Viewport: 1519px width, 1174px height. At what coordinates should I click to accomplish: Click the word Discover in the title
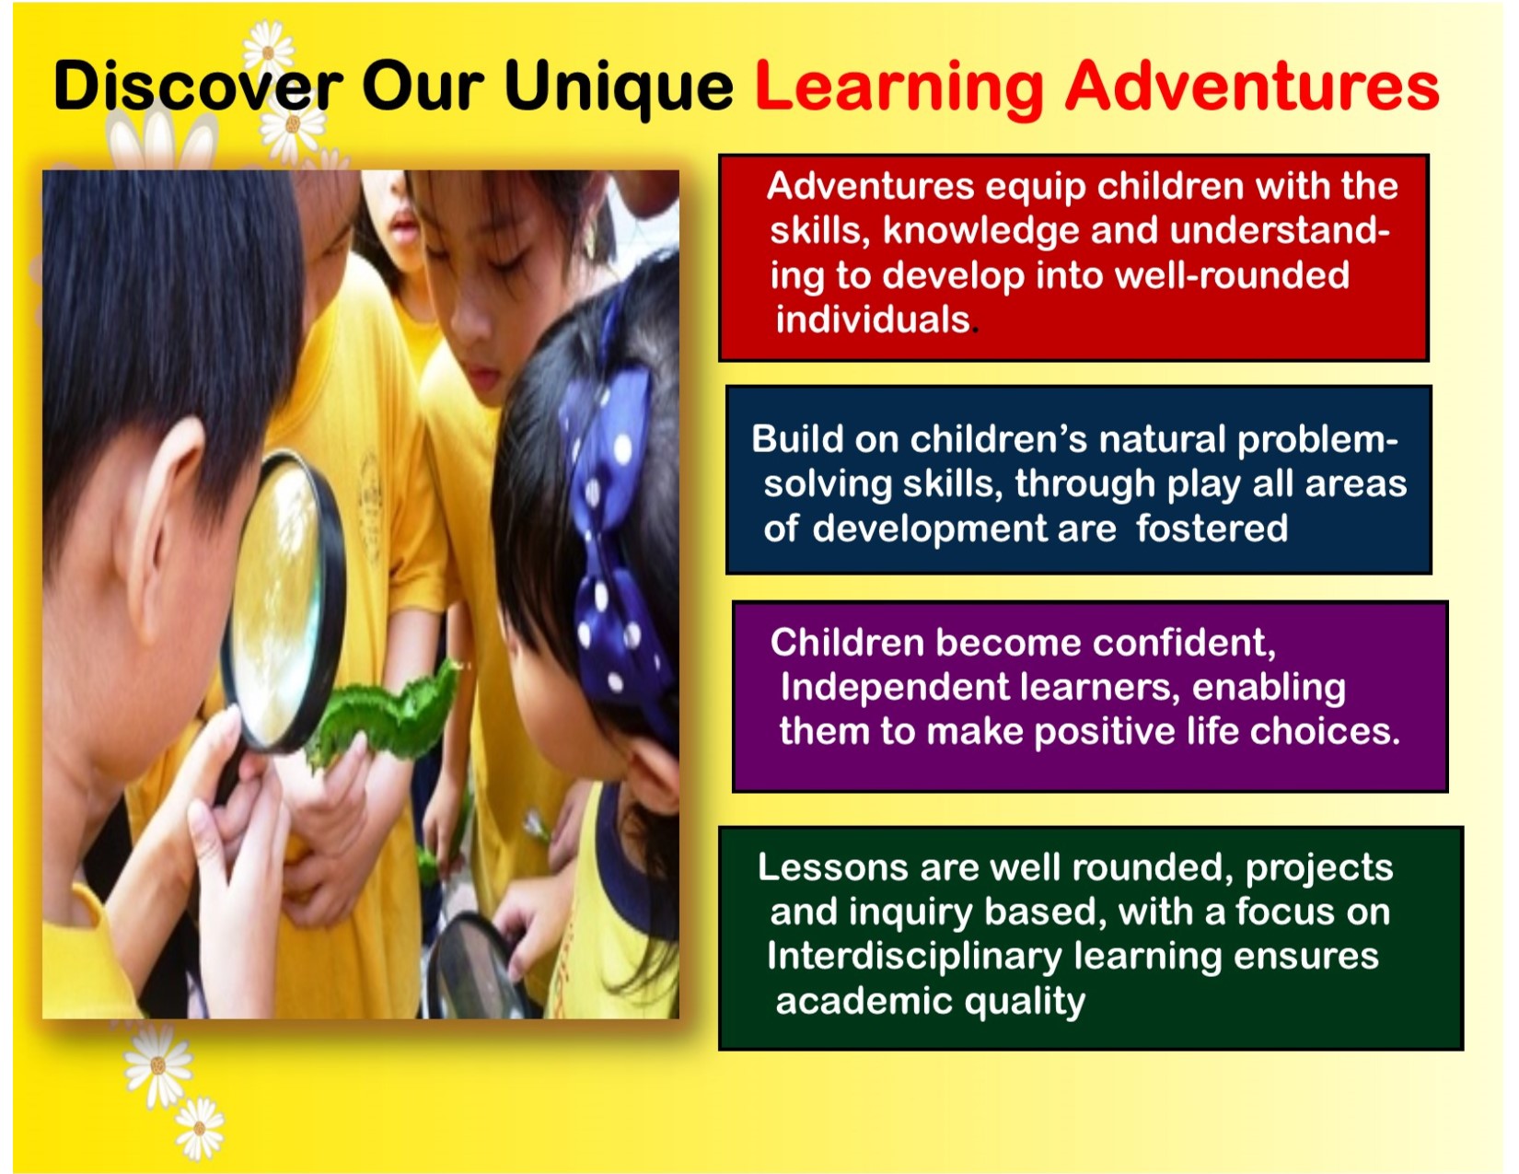(x=198, y=86)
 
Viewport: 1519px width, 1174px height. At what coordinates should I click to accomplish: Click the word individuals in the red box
(x=873, y=320)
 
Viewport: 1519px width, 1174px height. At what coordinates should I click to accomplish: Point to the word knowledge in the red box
(x=981, y=232)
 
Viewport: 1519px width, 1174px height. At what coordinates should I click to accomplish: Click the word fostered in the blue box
(x=1212, y=528)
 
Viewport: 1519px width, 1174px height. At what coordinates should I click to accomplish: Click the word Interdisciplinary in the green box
(x=914, y=956)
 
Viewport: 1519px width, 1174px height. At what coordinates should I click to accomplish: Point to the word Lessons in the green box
(x=833, y=867)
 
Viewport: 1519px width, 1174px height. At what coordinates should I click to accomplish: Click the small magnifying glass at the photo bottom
(x=475, y=969)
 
